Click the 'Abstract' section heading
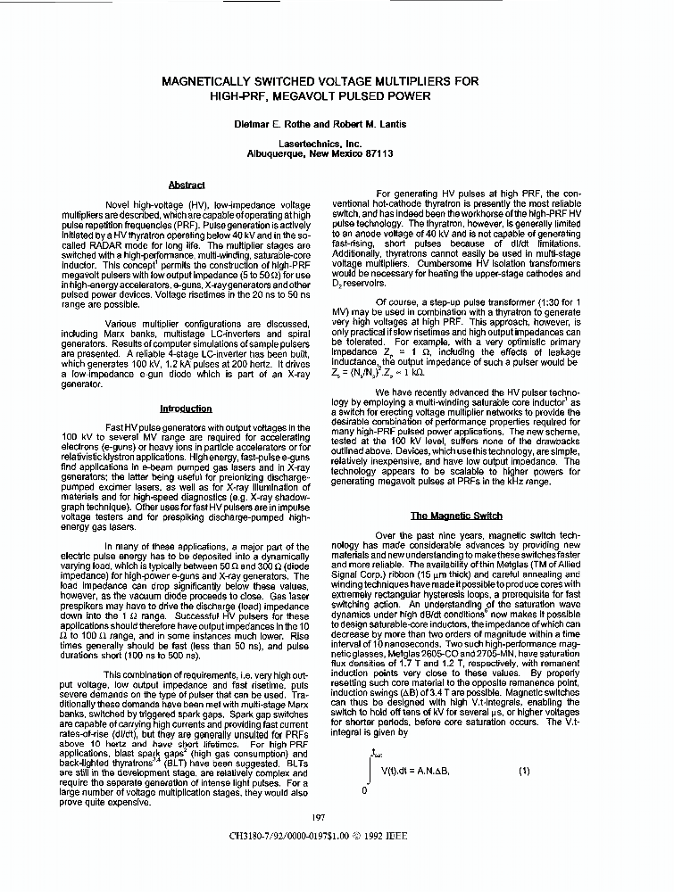[x=187, y=186]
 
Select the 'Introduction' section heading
[x=186, y=409]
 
